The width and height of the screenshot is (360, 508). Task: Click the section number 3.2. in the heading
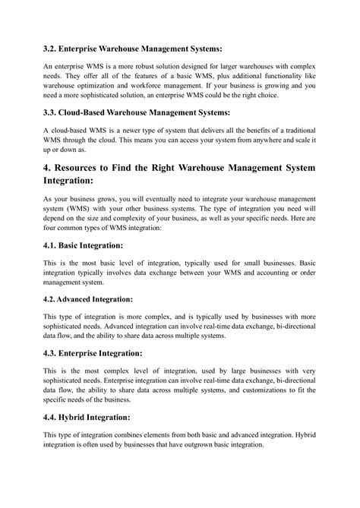point(51,47)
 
